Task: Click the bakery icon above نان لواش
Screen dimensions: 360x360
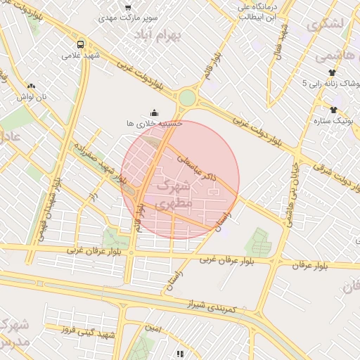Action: pyautogui.click(x=31, y=86)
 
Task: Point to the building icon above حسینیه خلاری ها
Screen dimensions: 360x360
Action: pyautogui.click(x=155, y=112)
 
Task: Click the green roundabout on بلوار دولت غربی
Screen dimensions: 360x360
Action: pyautogui.click(x=187, y=98)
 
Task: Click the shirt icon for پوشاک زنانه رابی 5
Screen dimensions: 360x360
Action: pyautogui.click(x=332, y=72)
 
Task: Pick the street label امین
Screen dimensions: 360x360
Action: pyautogui.click(x=153, y=328)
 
